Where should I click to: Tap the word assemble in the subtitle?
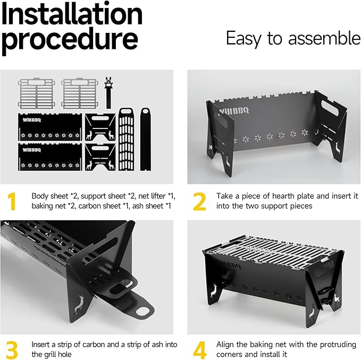[324, 38]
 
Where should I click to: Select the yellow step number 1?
[12, 201]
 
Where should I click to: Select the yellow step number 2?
[199, 201]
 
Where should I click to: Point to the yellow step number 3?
[12, 350]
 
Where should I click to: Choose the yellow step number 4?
[199, 350]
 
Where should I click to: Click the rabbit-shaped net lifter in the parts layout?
[108, 92]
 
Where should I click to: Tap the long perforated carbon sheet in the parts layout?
[126, 139]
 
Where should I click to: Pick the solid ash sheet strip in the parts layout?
[146, 139]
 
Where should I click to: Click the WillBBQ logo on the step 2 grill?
[234, 111]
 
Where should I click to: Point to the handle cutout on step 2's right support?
[330, 108]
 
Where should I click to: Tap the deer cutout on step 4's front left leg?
[214, 290]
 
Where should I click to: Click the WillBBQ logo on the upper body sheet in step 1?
[32, 120]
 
